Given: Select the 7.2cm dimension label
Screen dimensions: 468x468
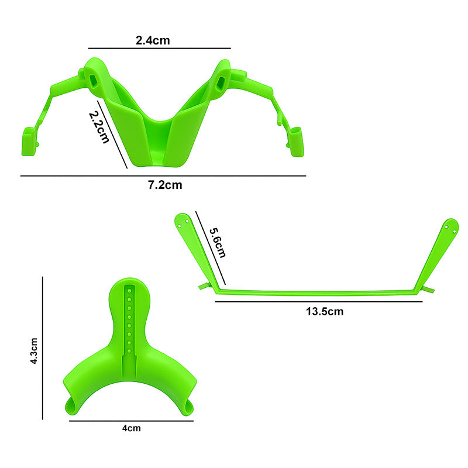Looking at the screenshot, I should pos(165,185).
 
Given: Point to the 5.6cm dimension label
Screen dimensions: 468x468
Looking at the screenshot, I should pos(217,239).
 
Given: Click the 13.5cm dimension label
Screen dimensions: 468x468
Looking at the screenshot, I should pos(325,311).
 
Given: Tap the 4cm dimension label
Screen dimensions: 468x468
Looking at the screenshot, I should pos(131,428).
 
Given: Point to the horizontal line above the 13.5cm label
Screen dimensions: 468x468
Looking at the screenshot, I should pos(319,301).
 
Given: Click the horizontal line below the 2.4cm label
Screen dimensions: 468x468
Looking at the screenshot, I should pos(159,48).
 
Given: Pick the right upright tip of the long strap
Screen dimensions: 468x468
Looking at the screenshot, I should pos(450,226).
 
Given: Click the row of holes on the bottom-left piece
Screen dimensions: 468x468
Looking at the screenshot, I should pos(128,316).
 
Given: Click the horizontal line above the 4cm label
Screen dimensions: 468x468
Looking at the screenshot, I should pos(131,420).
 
